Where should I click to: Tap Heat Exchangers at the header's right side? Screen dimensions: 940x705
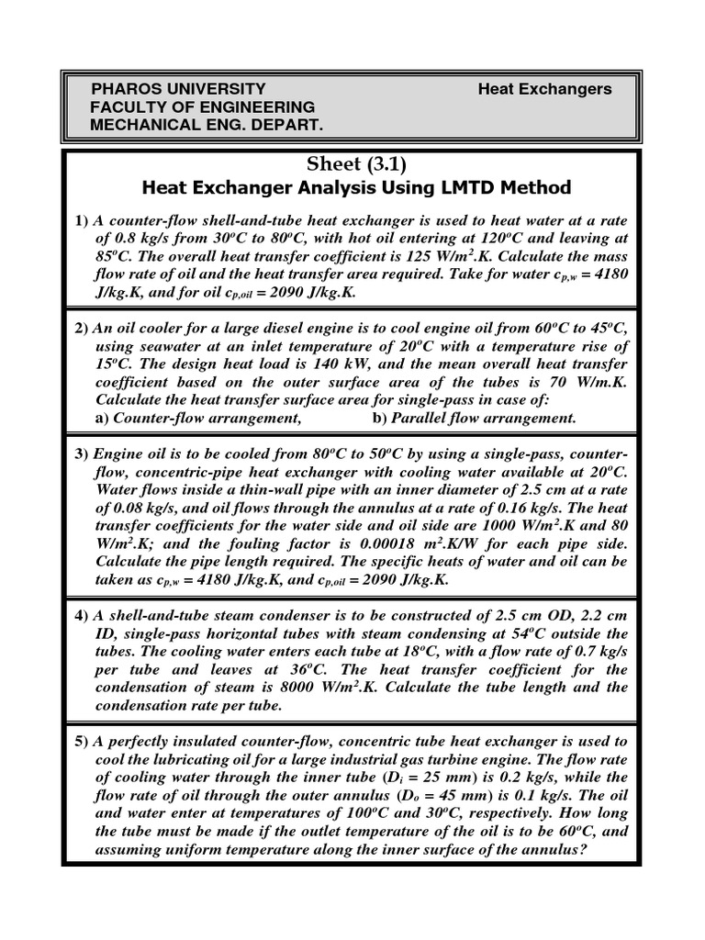pyautogui.click(x=544, y=89)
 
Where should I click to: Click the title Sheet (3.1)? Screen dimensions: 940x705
pyautogui.click(x=353, y=164)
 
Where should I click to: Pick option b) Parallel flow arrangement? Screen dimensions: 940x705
pyautogui.click(x=474, y=418)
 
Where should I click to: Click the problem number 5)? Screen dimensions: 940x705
pyautogui.click(x=81, y=741)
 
